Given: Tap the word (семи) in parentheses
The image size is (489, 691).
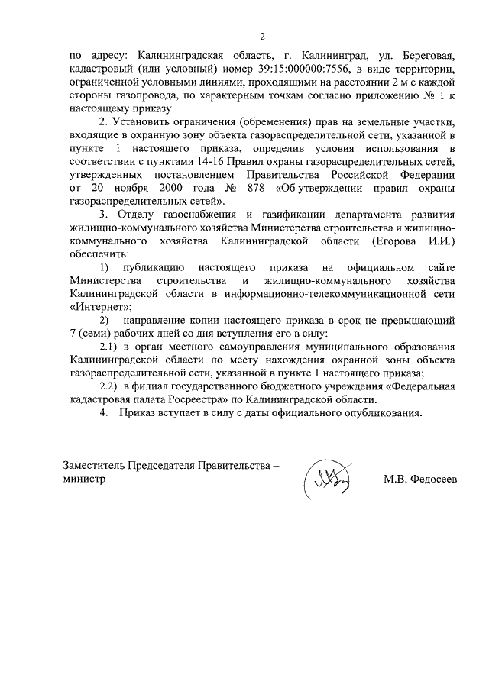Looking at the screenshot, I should pyautogui.click(x=95, y=334).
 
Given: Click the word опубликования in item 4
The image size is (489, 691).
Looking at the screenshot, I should pyautogui.click(x=381, y=414).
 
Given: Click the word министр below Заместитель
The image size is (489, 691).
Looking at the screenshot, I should pyautogui.click(x=85, y=480).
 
